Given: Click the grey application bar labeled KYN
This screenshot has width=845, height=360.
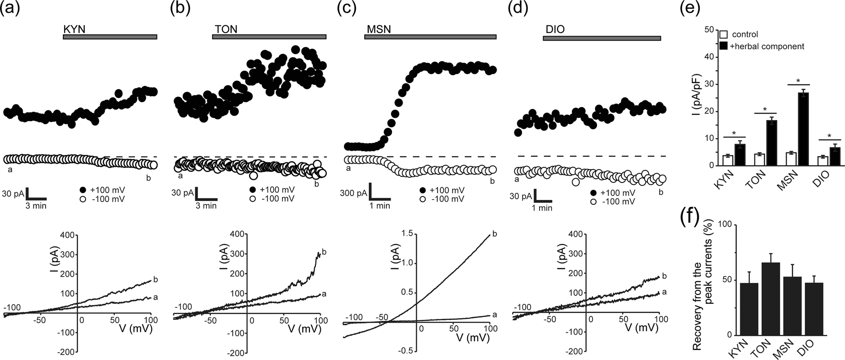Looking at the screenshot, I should [x=110, y=37].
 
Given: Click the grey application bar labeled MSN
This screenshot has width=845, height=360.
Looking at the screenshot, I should [x=430, y=37].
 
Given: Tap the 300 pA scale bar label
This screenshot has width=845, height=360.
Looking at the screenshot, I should [x=354, y=193].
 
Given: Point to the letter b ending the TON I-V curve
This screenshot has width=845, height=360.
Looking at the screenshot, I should [x=324, y=252].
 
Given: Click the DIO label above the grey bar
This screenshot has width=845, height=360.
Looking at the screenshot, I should [x=554, y=29].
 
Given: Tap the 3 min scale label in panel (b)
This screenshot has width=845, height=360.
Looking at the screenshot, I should [x=207, y=206].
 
